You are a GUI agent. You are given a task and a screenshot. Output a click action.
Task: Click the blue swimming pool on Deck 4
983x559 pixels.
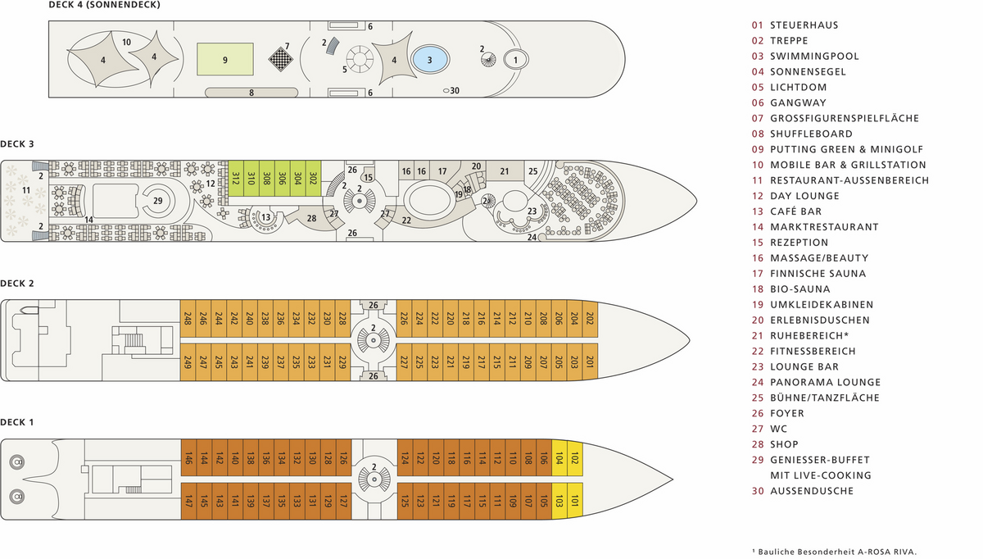[429, 59]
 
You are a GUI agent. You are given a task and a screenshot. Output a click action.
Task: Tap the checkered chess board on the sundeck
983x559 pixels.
[280, 59]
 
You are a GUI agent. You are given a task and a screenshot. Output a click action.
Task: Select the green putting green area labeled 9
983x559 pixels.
[225, 59]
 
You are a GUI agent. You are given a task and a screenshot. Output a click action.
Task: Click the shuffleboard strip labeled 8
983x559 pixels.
[251, 93]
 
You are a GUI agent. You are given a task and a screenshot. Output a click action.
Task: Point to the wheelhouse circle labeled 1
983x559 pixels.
[515, 60]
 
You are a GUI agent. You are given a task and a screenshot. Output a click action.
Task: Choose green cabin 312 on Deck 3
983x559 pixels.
[236, 179]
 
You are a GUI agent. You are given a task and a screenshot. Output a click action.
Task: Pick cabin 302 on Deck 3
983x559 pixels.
[313, 179]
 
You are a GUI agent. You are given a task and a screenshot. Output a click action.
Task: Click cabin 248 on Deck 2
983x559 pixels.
[188, 318]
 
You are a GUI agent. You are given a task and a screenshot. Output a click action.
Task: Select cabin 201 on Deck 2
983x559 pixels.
[590, 361]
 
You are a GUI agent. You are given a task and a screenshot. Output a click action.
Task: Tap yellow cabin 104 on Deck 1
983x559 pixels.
[559, 457]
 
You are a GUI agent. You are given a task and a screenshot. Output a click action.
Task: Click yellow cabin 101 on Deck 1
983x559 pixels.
[575, 501]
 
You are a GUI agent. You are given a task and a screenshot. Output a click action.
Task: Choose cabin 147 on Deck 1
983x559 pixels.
[188, 501]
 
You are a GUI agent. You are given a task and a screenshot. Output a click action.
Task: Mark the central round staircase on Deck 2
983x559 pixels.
[374, 340]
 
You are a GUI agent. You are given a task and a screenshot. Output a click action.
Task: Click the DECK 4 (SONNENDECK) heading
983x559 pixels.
[105, 5]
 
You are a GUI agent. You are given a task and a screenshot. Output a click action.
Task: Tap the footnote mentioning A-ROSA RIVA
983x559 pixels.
[834, 552]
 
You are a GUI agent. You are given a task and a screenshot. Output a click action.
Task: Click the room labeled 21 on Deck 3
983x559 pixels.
[505, 170]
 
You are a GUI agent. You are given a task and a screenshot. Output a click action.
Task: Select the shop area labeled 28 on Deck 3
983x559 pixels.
[310, 218]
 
